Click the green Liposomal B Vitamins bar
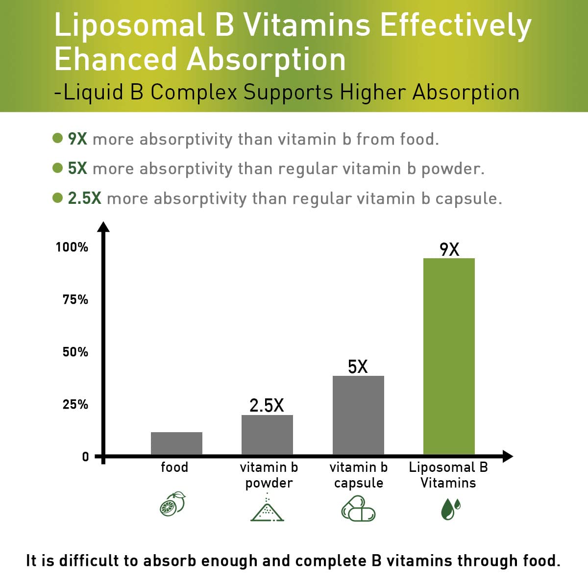tap(449, 356)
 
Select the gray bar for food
tap(176, 443)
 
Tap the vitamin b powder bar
tap(267, 435)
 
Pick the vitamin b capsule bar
tap(358, 415)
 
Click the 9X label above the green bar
tap(449, 249)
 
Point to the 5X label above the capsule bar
tap(358, 367)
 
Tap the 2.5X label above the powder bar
tap(267, 405)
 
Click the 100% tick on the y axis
tap(72, 247)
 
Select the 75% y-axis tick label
tap(75, 299)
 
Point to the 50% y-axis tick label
tap(75, 352)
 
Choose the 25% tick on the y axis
tap(75, 404)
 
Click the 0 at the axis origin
tap(86, 457)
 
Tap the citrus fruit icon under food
tap(173, 504)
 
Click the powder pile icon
tap(267, 508)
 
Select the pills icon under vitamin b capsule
tap(358, 508)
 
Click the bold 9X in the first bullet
tap(77, 139)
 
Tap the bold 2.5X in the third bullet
tap(84, 198)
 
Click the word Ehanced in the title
tap(116, 60)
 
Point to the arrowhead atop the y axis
tap(103, 226)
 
